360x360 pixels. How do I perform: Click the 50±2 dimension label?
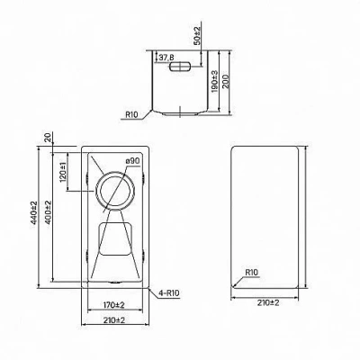point(197,35)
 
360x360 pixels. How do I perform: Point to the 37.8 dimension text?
point(166,58)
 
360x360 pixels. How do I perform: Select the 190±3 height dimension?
point(214,81)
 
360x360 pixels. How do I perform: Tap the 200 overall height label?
point(226,81)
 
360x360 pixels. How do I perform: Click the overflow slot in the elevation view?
point(180,67)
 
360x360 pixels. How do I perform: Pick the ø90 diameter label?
point(132,161)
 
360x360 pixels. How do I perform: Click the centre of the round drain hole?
point(115,191)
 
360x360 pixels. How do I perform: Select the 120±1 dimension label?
point(62,172)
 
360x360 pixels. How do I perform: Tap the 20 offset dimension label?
point(48,138)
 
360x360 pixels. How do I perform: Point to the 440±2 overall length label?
point(33,212)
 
